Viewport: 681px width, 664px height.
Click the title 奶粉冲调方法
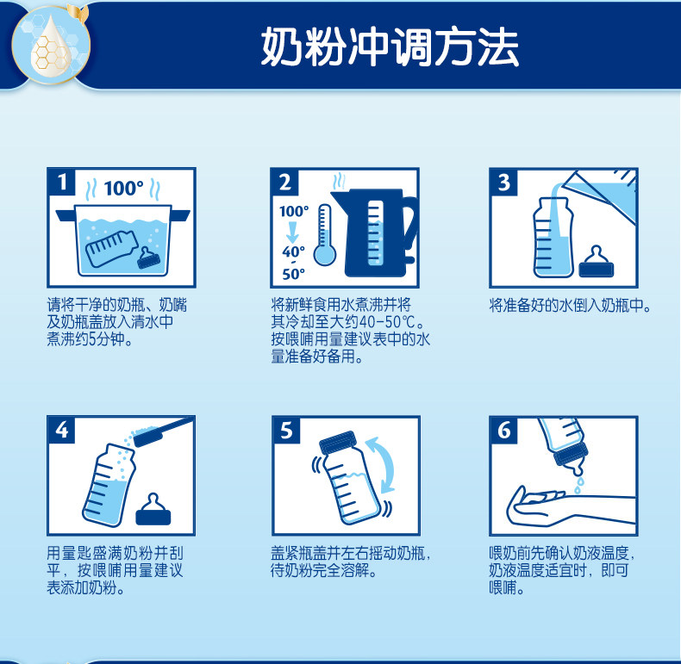pos(390,47)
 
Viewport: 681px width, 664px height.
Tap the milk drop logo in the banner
pos(50,45)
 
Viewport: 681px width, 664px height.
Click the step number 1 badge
pos(62,182)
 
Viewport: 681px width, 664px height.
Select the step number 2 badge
pos(285,183)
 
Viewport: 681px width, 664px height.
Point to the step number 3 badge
pos(503,183)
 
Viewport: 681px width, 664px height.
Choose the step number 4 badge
pos(62,430)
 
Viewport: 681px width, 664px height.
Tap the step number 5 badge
pos(287,431)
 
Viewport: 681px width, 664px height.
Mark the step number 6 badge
pos(503,431)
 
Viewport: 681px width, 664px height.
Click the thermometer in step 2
pos(324,235)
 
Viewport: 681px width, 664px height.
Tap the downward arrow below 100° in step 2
pos(292,233)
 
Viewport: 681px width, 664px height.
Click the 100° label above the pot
pos(124,189)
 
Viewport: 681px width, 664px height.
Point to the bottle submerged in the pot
pos(111,248)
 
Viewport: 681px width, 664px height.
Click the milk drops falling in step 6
pos(579,485)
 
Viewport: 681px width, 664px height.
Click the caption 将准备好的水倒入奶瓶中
pos(571,306)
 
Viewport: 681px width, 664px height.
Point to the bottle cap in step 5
pos(338,442)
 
